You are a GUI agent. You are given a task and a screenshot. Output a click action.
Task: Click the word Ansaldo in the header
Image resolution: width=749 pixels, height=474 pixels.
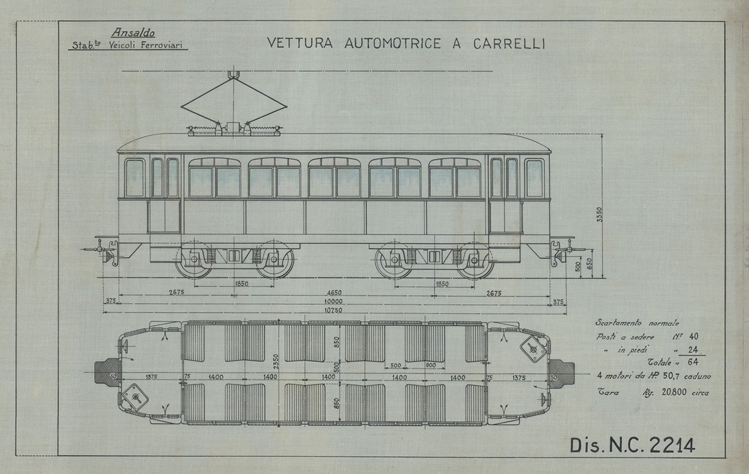134,34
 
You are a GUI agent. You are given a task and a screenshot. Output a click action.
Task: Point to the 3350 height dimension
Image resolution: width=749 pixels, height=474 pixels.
600,216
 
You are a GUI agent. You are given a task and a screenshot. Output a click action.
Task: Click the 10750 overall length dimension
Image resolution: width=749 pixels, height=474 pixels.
334,310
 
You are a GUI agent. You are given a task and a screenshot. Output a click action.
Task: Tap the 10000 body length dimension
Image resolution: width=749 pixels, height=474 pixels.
334,302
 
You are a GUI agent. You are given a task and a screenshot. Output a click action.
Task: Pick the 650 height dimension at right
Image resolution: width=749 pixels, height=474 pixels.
590,263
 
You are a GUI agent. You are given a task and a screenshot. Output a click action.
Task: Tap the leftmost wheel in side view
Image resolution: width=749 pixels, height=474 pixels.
194,260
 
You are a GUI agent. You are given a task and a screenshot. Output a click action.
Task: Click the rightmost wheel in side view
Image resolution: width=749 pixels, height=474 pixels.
475,260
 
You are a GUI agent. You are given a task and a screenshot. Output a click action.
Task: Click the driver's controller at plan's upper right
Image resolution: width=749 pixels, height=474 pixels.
533,348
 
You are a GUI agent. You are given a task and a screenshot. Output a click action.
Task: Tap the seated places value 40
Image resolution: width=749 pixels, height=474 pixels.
693,337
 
